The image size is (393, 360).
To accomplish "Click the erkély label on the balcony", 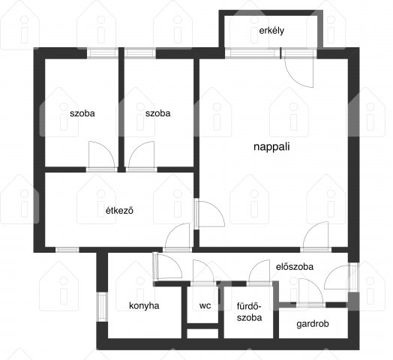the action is pyautogui.click(x=271, y=31).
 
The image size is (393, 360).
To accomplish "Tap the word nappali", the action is pyautogui.click(x=271, y=147).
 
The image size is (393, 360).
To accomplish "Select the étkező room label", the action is pyautogui.click(x=119, y=210).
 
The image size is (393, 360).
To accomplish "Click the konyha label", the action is pyautogui.click(x=144, y=305).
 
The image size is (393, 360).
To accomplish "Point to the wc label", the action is pyautogui.click(x=205, y=305).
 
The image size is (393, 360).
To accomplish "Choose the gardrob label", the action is pyautogui.click(x=313, y=324).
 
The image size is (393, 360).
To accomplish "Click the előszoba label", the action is pyautogui.click(x=295, y=267).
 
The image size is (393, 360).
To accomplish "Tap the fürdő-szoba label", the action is pyautogui.click(x=250, y=312).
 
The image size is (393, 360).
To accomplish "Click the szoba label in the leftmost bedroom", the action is pyautogui.click(x=82, y=113).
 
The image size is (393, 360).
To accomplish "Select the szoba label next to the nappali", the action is pyautogui.click(x=158, y=113).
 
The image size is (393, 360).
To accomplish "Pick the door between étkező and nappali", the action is pyautogui.click(x=209, y=214).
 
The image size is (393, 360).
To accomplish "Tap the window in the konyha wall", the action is pyautogui.click(x=102, y=307).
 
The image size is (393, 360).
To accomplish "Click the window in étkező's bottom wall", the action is pyautogui.click(x=67, y=250).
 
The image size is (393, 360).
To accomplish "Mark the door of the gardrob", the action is pyautogui.click(x=310, y=292).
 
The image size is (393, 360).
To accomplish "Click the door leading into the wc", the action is pyautogui.click(x=203, y=273).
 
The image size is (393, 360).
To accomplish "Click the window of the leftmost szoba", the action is pyautogui.click(x=102, y=53).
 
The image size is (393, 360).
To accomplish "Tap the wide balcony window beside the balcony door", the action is pyautogui.click(x=252, y=53).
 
